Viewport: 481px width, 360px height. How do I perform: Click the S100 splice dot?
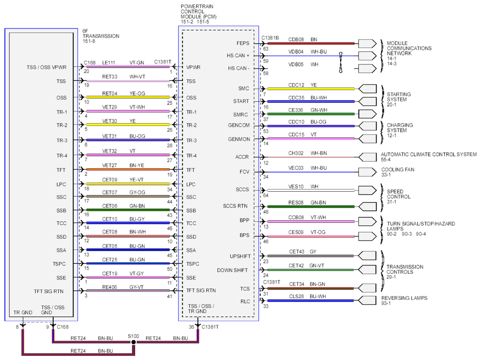(133, 342)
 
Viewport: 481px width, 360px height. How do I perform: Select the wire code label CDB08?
(296, 40)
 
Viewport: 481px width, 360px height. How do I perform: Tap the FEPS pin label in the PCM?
(243, 43)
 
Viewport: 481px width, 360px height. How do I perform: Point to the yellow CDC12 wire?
(311, 89)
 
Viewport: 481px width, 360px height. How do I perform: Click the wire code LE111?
(109, 62)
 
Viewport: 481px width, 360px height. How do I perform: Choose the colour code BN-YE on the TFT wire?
(137, 166)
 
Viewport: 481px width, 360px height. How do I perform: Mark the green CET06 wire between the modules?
(128, 210)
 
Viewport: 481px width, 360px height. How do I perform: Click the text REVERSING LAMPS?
(404, 298)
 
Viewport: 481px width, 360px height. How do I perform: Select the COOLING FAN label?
(398, 169)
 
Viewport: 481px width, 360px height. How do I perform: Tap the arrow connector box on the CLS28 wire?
(367, 300)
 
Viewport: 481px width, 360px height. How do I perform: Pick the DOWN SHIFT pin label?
(232, 270)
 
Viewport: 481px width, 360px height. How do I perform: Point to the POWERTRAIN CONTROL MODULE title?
(199, 11)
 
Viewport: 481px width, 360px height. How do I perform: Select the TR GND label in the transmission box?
(23, 312)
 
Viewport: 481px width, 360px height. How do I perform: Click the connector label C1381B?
(270, 38)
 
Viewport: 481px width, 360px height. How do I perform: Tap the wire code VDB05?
(296, 64)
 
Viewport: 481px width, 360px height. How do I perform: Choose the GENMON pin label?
(239, 139)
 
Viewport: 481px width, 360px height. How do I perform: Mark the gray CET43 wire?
(310, 256)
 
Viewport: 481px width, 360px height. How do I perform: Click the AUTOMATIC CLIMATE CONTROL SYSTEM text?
(429, 154)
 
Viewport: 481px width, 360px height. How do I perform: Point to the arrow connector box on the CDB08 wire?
(367, 43)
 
